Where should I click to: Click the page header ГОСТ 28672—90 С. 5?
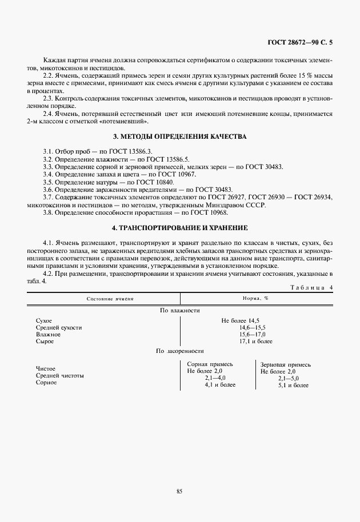(x=299, y=42)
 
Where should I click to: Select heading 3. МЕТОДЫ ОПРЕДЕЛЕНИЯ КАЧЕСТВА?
(x=180, y=137)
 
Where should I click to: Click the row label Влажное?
(x=48, y=334)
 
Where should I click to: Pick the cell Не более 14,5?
(x=241, y=320)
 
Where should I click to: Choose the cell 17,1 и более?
(x=255, y=341)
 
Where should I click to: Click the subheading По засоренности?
(x=179, y=351)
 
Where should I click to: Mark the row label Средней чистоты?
(x=60, y=376)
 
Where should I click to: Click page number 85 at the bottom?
(x=179, y=491)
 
